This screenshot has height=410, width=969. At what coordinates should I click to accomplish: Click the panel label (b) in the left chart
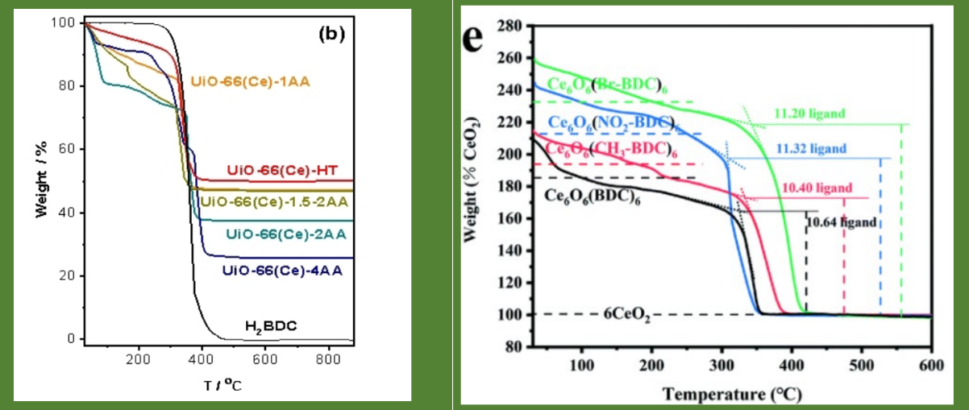click(331, 34)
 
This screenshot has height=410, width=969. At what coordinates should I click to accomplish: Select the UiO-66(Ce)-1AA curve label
click(251, 81)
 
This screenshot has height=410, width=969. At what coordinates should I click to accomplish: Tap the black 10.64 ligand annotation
click(841, 222)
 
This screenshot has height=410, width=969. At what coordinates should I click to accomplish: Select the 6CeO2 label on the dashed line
click(627, 315)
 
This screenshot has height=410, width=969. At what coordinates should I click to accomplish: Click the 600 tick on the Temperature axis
click(931, 364)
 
